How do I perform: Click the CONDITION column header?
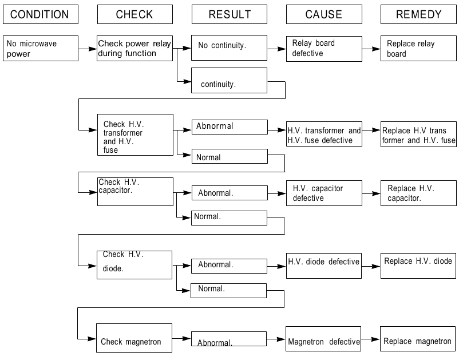(41, 14)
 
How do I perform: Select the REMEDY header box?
(418, 14)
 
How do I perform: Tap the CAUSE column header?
(324, 14)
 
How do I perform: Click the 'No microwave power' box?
(41, 49)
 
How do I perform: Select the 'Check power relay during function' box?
(134, 49)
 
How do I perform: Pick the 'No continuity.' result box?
(229, 48)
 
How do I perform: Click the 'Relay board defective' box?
(324, 49)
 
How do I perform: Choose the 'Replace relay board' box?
(418, 49)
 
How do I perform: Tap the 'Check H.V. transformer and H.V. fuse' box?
(135, 134)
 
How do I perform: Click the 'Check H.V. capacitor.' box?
(135, 192)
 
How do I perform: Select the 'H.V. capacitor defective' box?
(324, 193)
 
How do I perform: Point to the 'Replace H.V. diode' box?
(418, 266)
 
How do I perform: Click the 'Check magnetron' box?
(134, 338)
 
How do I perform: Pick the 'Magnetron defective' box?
(323, 339)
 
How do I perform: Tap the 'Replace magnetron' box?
(418, 339)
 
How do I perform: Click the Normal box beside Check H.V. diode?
(228, 291)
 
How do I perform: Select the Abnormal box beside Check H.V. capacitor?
(229, 193)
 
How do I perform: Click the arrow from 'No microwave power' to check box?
(88, 49)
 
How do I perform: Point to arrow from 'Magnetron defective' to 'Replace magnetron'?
(371, 339)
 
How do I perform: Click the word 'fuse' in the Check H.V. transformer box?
(110, 150)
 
